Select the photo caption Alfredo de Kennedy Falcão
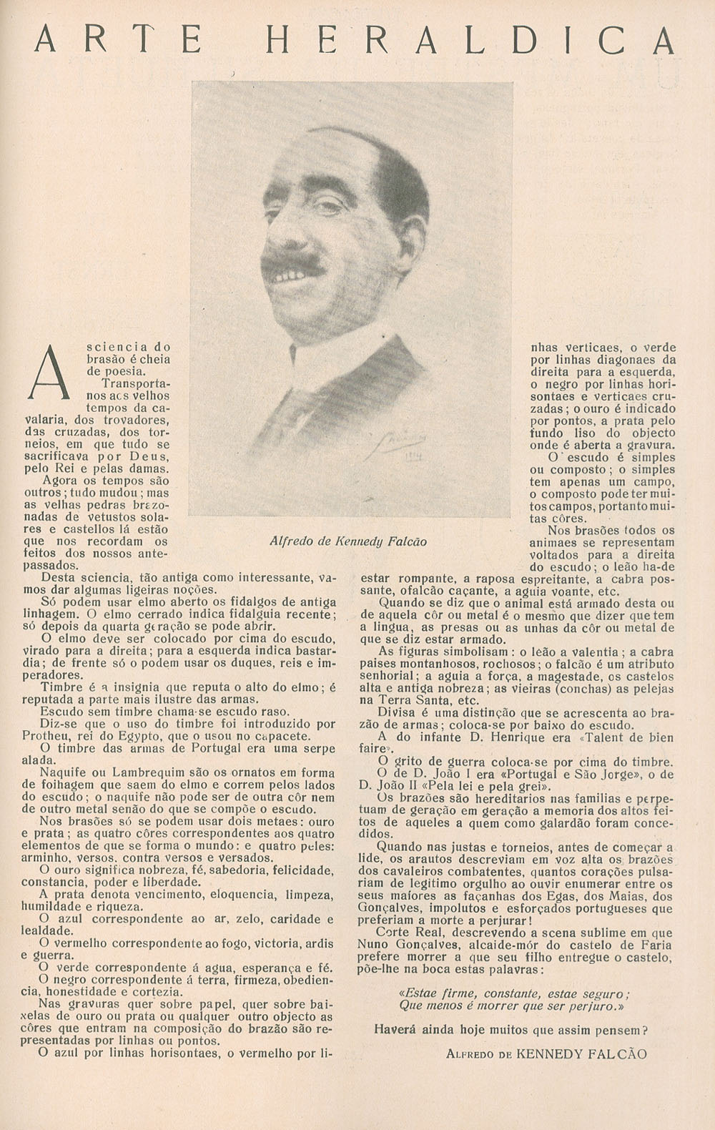pos(348,541)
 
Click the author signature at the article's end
pos(546,1053)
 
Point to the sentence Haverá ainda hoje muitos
pos(511,1031)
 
